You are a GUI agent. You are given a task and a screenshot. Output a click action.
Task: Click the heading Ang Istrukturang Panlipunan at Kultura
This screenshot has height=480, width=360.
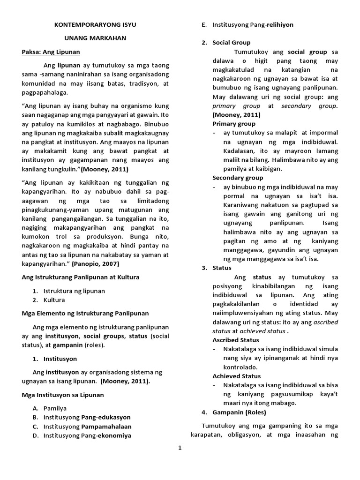(81, 277)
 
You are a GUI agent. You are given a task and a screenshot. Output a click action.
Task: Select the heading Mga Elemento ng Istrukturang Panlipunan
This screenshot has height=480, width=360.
(85, 313)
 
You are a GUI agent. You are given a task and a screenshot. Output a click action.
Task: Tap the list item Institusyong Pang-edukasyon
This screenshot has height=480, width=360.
(87, 417)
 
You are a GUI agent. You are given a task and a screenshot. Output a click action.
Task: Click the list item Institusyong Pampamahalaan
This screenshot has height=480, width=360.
(87, 427)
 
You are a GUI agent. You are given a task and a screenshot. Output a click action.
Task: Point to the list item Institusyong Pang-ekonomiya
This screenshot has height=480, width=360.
(87, 435)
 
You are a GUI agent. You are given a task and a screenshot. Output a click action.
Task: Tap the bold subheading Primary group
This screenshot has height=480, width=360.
(234, 124)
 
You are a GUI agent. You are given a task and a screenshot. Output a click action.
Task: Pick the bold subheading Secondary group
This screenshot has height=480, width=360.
(238, 178)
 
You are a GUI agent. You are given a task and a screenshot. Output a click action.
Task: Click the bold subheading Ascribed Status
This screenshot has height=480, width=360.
(236, 340)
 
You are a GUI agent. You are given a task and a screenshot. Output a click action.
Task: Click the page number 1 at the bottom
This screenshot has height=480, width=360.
(179, 448)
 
